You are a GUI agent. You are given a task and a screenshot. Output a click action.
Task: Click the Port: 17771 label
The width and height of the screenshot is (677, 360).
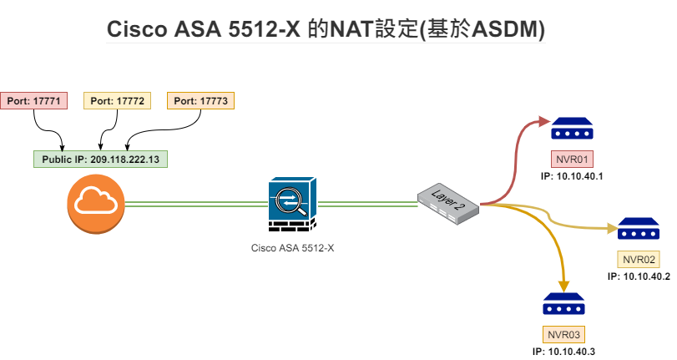33,101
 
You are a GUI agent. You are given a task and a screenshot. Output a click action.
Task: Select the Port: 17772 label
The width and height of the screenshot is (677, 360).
118,101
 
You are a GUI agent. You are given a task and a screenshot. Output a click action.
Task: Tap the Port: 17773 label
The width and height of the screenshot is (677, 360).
200,101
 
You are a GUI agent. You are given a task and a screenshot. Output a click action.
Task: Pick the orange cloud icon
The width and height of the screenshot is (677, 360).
96,202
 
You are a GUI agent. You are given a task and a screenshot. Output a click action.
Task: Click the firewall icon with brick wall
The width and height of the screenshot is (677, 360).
292,205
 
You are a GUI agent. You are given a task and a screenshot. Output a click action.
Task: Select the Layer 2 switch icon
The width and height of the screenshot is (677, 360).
448,203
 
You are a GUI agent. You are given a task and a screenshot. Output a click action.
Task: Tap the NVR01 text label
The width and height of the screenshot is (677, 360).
572,157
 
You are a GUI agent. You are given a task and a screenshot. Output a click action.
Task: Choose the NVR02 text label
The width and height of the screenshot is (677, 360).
639,259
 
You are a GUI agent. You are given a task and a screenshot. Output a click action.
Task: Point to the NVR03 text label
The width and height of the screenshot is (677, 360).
563,335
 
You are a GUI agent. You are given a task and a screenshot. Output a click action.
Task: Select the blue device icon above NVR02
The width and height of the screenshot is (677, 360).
639,229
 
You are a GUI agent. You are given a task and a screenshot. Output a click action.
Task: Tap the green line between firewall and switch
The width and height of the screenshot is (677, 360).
367,203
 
